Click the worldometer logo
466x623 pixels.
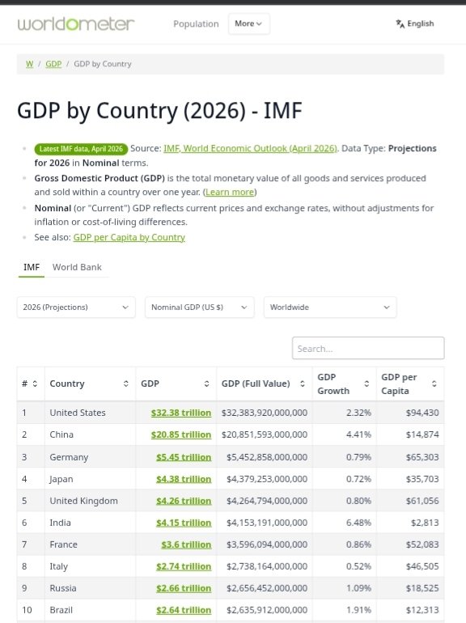(76, 23)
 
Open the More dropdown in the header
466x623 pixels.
(248, 23)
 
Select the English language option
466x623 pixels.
(415, 23)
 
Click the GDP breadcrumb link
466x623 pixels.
(53, 64)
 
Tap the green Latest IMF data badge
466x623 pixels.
(80, 149)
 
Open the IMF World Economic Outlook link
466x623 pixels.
(250, 149)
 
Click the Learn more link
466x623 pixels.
(230, 193)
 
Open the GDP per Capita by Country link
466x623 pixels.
(129, 237)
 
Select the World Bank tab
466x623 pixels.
(77, 267)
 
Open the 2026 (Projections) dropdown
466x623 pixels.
(76, 307)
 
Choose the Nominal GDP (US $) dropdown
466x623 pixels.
(199, 307)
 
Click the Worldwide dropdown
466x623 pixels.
(330, 307)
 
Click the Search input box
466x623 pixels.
(368, 349)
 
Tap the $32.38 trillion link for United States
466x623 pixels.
(180, 413)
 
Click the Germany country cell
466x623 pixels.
(69, 457)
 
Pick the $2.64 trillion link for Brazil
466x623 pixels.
(184, 610)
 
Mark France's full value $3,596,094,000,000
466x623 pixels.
(265, 545)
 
